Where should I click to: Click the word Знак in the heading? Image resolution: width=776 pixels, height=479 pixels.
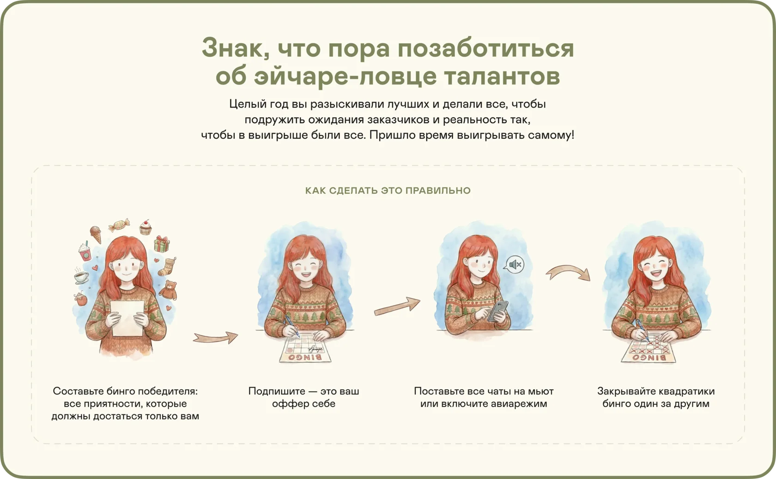[x=236, y=48]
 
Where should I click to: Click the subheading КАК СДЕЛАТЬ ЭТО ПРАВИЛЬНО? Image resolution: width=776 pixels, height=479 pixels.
[x=388, y=190]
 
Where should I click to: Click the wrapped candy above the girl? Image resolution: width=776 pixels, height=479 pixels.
[x=119, y=225]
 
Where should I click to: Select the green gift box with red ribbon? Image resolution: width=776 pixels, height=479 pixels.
[x=162, y=244]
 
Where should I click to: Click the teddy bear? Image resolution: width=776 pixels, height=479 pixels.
[x=169, y=290]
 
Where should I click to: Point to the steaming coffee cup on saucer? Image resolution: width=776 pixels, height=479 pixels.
[x=81, y=276]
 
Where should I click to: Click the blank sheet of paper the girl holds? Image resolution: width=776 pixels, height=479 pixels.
[x=127, y=318]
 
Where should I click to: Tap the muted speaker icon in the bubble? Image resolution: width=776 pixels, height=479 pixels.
[x=515, y=265]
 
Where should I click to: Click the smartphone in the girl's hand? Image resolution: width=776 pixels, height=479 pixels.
[x=498, y=311]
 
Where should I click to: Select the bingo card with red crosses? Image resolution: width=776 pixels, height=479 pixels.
[x=649, y=350]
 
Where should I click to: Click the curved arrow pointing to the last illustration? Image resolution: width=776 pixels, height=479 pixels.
[x=568, y=271]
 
